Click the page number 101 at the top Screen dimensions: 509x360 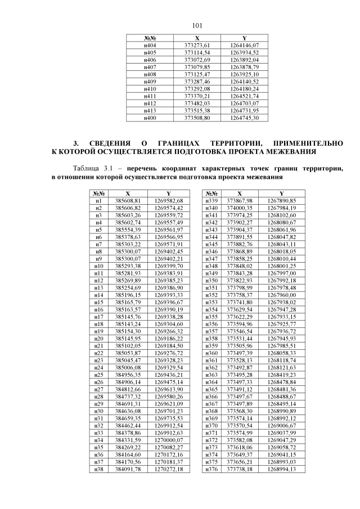(197, 25)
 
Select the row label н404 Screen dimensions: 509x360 (150, 44)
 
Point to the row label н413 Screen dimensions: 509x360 (150, 110)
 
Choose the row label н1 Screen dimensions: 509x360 (99, 201)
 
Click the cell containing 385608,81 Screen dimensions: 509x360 (127, 201)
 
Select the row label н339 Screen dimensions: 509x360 (212, 201)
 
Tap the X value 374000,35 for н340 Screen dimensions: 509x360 (239, 208)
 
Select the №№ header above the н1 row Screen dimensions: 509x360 (99, 193)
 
